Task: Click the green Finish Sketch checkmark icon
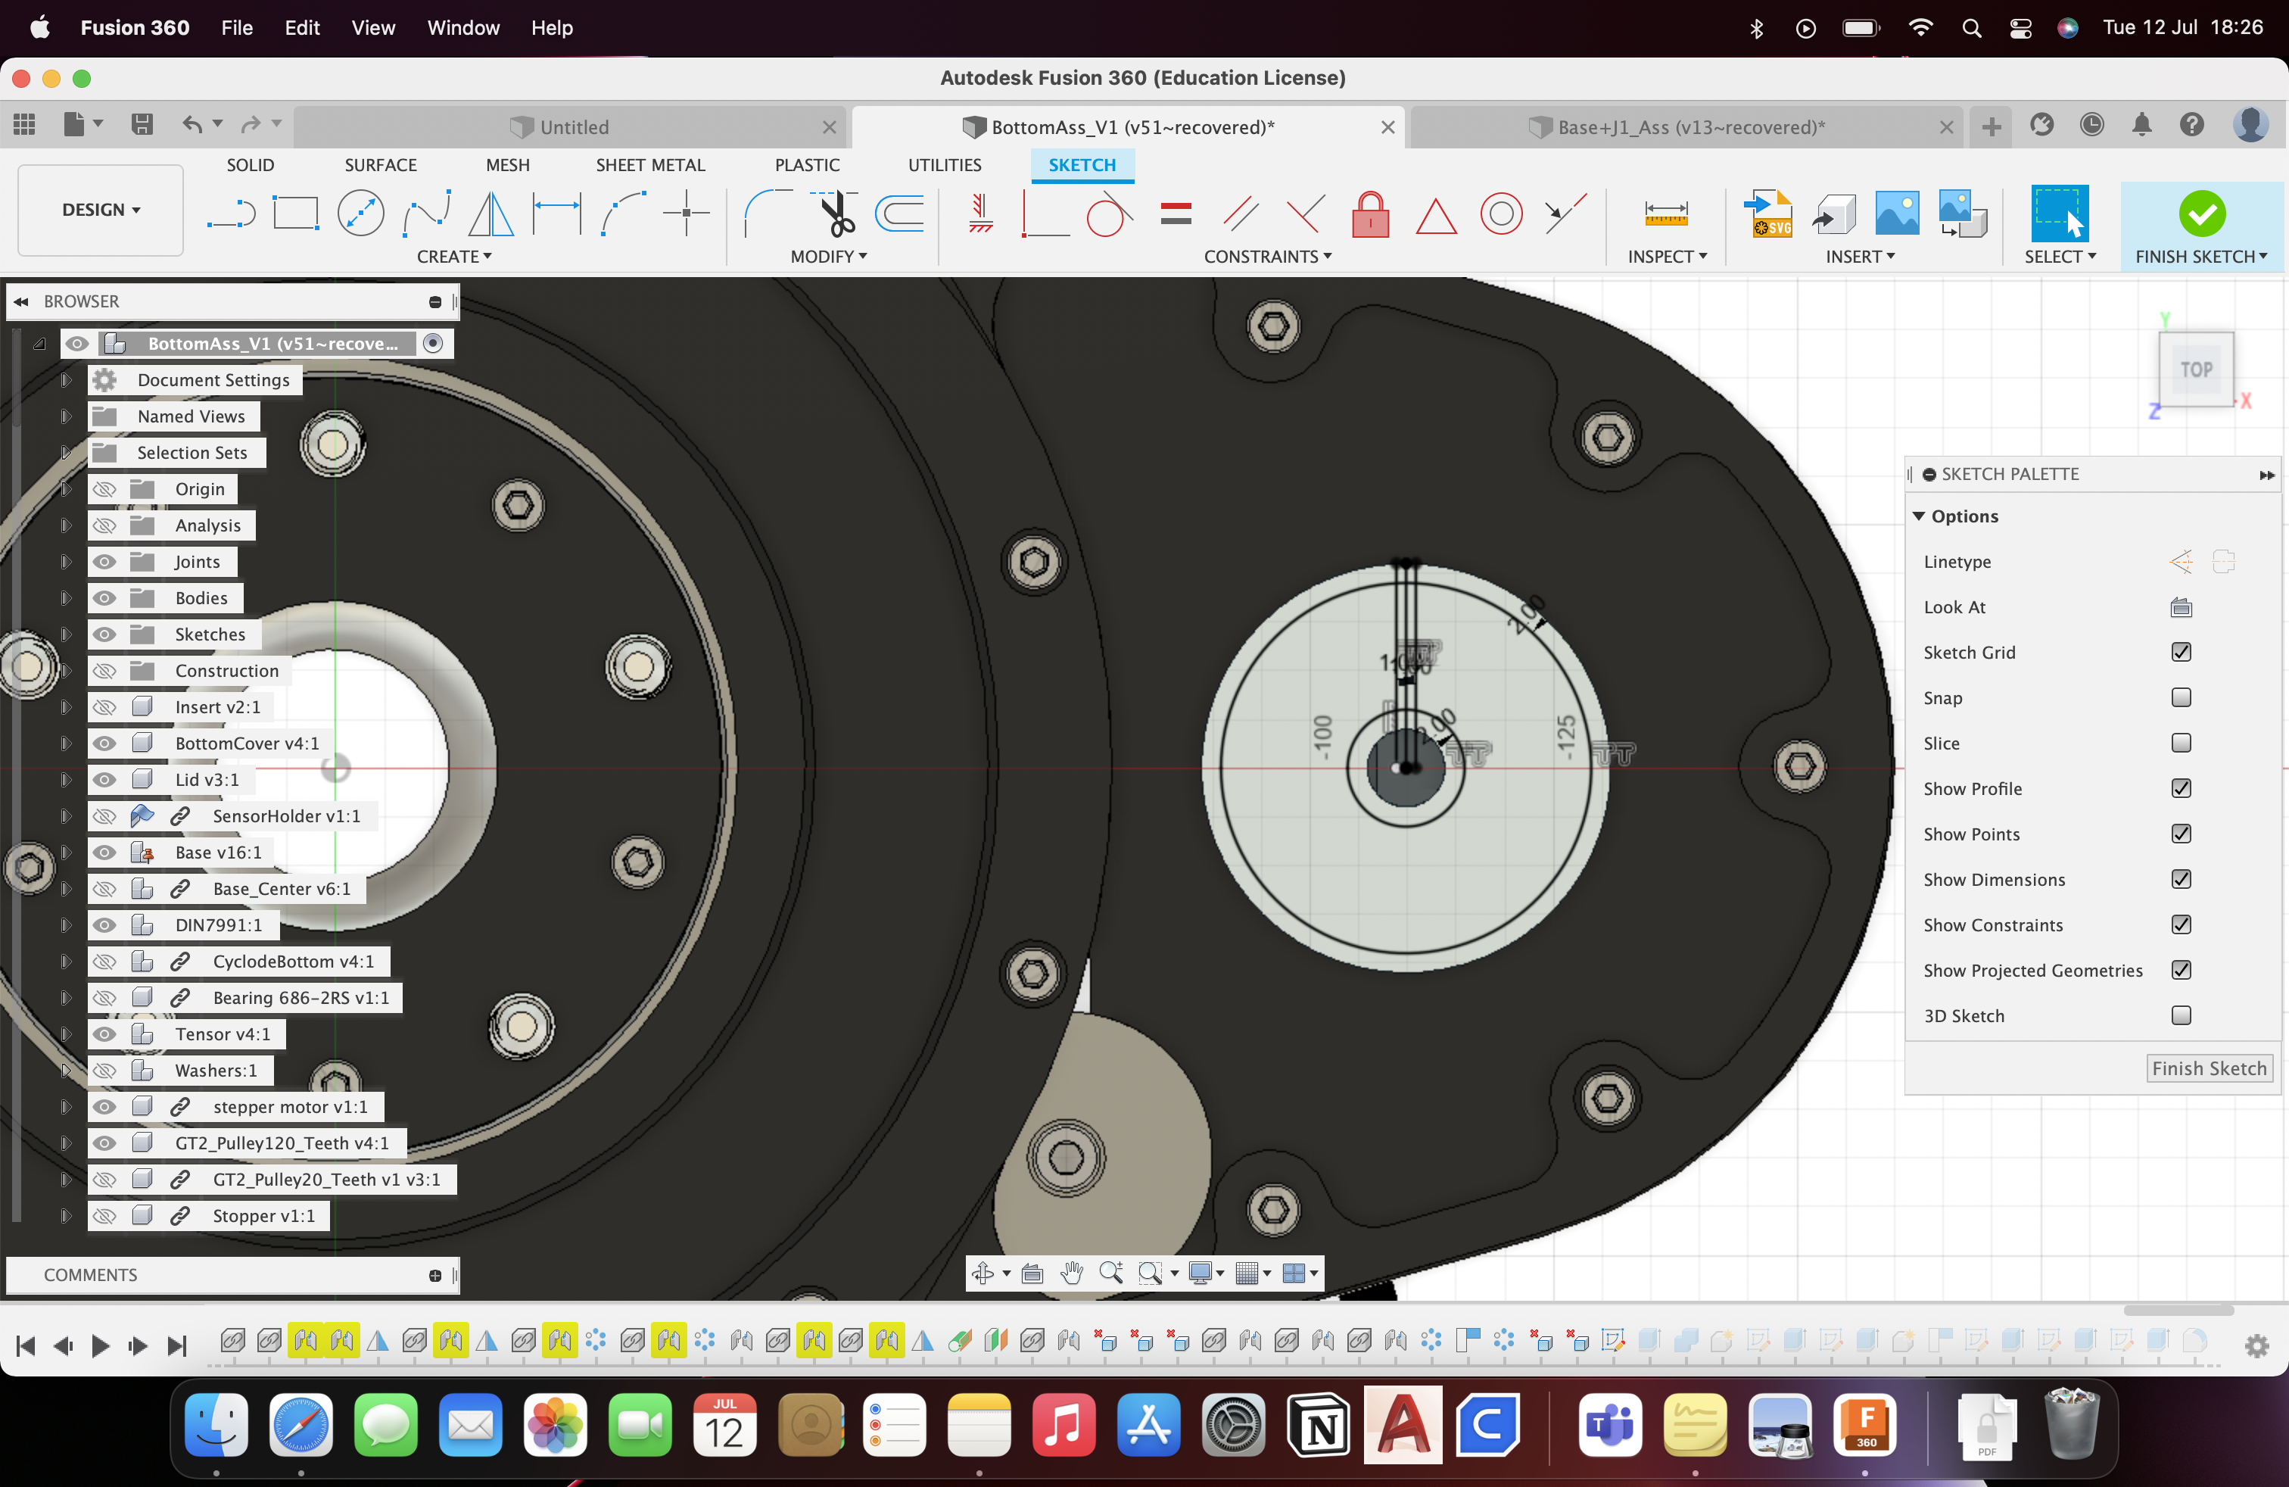coord(2201,213)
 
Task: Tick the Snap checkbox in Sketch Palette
coord(2180,697)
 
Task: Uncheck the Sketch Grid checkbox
coord(2180,652)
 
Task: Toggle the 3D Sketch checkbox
coord(2180,1016)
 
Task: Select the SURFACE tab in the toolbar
coord(380,164)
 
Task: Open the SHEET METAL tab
coord(650,164)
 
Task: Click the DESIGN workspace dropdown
coord(101,210)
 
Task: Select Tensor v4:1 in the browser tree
coord(223,1034)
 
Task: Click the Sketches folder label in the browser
coord(210,634)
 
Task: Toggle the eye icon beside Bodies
coord(104,597)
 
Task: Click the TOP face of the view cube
coord(2196,369)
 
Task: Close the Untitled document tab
coord(829,127)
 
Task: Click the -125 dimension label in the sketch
coord(1566,737)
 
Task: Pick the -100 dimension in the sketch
coord(1323,737)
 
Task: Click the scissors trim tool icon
coord(836,214)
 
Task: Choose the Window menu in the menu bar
coord(462,28)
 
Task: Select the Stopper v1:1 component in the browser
coord(263,1216)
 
